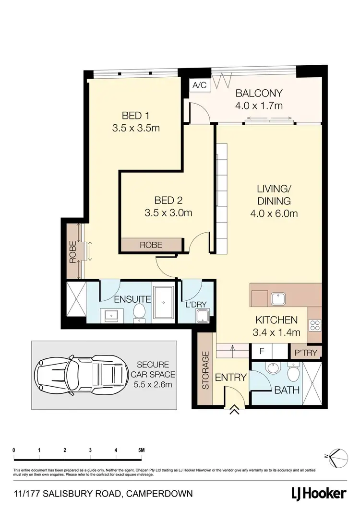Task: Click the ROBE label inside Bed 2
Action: pyautogui.click(x=151, y=245)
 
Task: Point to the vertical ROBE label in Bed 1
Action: pyautogui.click(x=73, y=252)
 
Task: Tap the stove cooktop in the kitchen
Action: pyautogui.click(x=314, y=326)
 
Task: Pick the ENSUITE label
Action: pyautogui.click(x=132, y=300)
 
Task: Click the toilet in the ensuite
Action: pyautogui.click(x=140, y=312)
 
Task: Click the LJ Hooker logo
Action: pyautogui.click(x=318, y=493)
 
